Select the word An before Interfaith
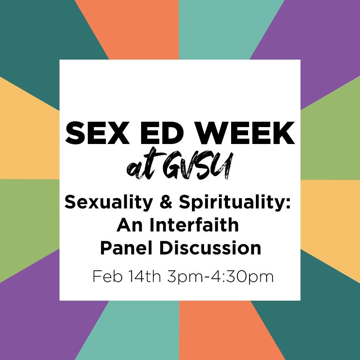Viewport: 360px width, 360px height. (127, 226)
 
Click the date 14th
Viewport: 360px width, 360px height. (144, 277)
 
